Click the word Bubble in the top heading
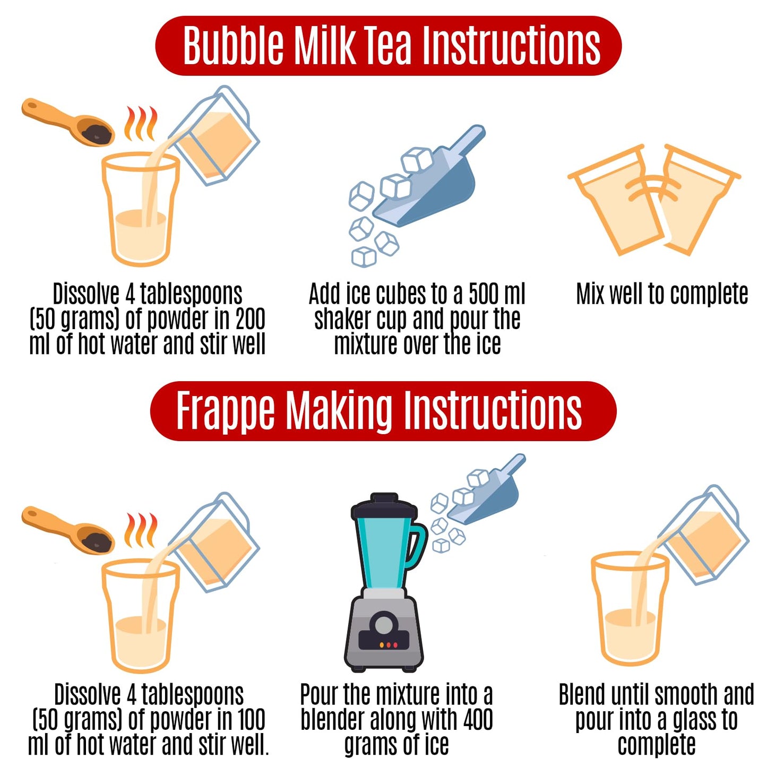tap(234, 46)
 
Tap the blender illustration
tap(385, 584)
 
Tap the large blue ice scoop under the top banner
tap(430, 183)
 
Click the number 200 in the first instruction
tap(250, 319)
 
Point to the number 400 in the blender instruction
tap(478, 720)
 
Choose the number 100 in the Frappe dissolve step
tap(251, 720)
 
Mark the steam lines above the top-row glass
tap(141, 123)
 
